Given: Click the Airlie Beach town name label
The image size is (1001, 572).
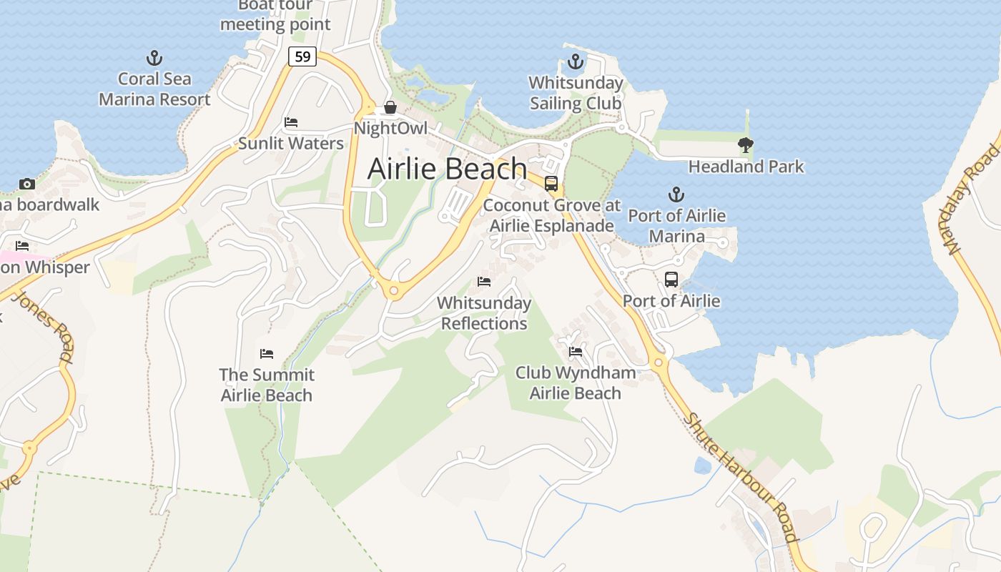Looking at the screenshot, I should click(447, 169).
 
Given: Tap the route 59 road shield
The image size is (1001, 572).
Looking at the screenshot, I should click(302, 56).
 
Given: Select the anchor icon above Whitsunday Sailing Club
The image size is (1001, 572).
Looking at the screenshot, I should click(576, 62).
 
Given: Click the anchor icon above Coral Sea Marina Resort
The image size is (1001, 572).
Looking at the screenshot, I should click(154, 58).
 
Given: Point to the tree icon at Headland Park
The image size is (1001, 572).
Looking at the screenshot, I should click(746, 145).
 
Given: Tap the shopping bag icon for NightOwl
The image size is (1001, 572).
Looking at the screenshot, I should click(390, 108).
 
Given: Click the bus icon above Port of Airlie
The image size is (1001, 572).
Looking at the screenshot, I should click(671, 280).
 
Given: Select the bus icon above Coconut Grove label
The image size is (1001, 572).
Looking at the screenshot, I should click(551, 184).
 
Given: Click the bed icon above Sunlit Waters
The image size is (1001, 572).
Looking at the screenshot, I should click(291, 122).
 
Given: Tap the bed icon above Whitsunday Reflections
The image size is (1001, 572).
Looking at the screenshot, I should click(484, 282).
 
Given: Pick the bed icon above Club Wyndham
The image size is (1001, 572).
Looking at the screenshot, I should click(576, 352).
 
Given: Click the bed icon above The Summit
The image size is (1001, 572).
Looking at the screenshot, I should click(267, 354).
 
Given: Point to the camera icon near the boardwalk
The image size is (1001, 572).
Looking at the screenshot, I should click(27, 184).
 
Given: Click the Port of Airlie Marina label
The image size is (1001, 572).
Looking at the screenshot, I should click(676, 226).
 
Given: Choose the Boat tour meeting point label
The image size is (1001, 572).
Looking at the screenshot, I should click(275, 15).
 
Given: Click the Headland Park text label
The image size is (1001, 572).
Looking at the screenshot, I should click(746, 167).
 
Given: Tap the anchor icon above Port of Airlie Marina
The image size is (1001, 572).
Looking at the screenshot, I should click(676, 194).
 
